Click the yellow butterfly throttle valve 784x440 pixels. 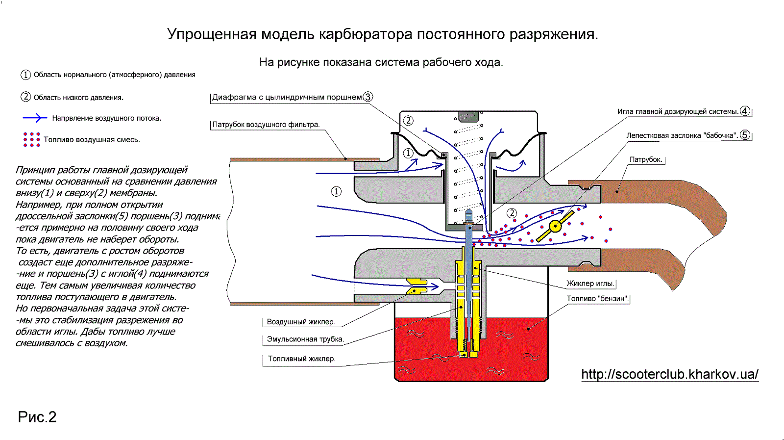(555, 226)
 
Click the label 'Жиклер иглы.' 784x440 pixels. (590, 284)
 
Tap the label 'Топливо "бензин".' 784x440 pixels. (597, 299)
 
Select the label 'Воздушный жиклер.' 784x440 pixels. (301, 322)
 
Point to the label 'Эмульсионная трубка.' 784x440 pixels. (305, 339)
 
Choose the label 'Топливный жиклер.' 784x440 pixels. (301, 359)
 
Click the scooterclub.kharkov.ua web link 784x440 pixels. (669, 374)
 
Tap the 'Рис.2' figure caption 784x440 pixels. (37, 417)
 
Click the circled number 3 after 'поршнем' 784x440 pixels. (367, 97)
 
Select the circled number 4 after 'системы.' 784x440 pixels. (745, 111)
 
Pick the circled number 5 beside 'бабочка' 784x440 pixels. (745, 135)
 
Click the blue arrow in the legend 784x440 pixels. (34, 118)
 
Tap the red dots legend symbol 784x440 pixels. (31, 139)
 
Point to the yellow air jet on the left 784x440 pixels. (416, 286)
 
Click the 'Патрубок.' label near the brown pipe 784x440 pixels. (646, 159)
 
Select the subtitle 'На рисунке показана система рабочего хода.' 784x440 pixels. (381, 62)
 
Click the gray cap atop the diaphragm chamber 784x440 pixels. (468, 116)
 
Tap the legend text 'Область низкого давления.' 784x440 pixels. (78, 97)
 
